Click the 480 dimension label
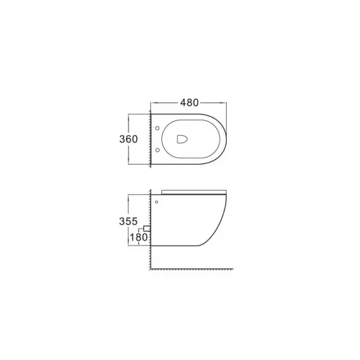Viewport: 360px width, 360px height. (189, 103)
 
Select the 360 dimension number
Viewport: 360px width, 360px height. (128, 139)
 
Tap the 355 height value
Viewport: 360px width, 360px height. (128, 221)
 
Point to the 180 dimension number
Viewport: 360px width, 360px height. (139, 237)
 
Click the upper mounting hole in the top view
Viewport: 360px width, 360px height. (157, 128)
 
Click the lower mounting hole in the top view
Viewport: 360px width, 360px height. (157, 150)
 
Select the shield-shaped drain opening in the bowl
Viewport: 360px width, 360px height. (182, 139)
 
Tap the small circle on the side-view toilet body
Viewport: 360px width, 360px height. (157, 202)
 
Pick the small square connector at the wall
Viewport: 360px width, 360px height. (147, 229)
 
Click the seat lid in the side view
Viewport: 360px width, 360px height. (194, 192)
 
